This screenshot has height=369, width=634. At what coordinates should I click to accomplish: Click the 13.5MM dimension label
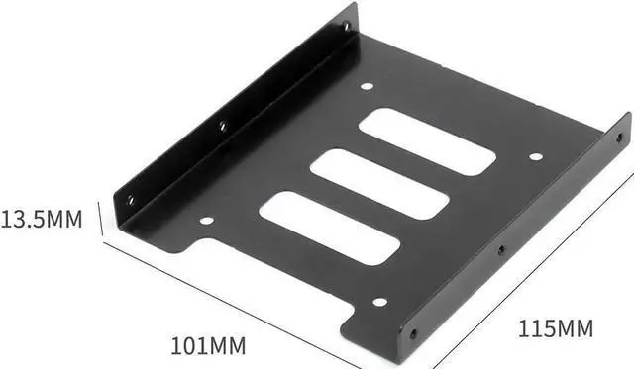point(42,218)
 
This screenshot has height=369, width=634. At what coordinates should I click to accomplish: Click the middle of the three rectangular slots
point(379,185)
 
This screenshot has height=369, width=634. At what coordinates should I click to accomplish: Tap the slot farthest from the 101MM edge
point(427,141)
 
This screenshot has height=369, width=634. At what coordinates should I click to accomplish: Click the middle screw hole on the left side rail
point(222,126)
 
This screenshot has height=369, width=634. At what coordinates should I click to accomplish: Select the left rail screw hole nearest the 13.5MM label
point(130,199)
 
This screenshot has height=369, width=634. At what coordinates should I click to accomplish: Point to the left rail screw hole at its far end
point(346,27)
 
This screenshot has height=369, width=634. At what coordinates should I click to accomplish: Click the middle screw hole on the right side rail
point(501,250)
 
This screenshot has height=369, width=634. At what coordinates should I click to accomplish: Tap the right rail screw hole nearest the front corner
point(412,333)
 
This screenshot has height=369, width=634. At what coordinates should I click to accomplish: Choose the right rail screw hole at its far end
point(619,137)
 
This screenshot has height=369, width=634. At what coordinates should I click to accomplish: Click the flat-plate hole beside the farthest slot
point(367,87)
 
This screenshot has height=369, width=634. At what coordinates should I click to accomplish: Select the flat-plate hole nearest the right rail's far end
point(536,156)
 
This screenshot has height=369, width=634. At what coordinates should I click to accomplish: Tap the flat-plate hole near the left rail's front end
point(206,221)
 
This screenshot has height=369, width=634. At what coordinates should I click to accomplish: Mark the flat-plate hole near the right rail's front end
point(378,302)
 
